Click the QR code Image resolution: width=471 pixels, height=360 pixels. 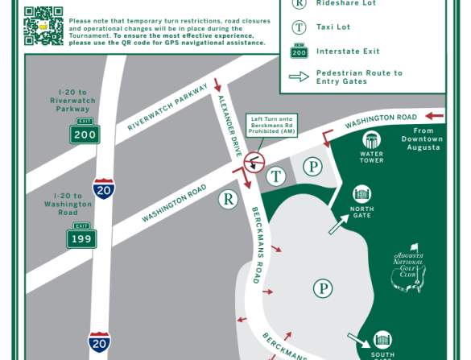tap(43, 25)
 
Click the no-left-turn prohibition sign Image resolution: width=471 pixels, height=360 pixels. tap(254, 161)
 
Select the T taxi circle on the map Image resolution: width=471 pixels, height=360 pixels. tap(276, 176)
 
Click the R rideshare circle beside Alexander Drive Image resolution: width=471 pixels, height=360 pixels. tap(229, 199)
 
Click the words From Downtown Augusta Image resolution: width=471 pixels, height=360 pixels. tap(423, 139)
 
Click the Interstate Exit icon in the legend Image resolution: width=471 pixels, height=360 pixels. tap(300, 51)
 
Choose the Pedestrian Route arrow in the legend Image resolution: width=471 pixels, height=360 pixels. tap(300, 77)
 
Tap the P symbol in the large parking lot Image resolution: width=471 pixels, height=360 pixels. tap(323, 288)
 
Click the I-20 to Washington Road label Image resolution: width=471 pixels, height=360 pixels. tap(68, 205)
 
